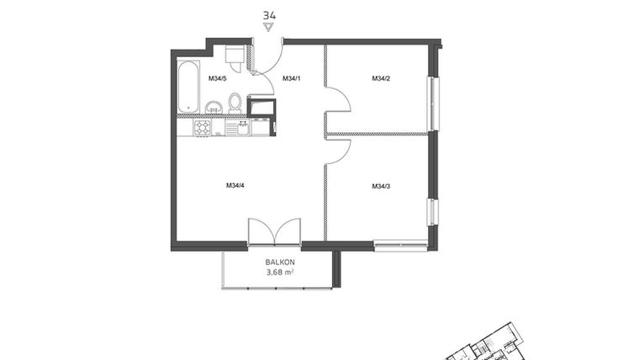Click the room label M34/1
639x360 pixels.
pos(291,79)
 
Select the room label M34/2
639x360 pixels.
pos(382,79)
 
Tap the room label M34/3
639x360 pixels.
pos(382,186)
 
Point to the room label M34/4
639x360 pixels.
pos(235,186)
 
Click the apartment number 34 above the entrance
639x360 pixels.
pos(269,15)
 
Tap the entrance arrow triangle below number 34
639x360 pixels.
pos(269,27)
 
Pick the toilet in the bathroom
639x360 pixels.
pos(235,103)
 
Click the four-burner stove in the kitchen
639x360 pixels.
pos(203,128)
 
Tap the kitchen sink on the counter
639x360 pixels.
pos(243,128)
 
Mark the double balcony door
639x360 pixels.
pos(274,231)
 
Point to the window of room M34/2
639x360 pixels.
pos(434,103)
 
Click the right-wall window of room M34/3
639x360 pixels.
pos(432,211)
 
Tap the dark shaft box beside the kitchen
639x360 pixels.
pos(262,108)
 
